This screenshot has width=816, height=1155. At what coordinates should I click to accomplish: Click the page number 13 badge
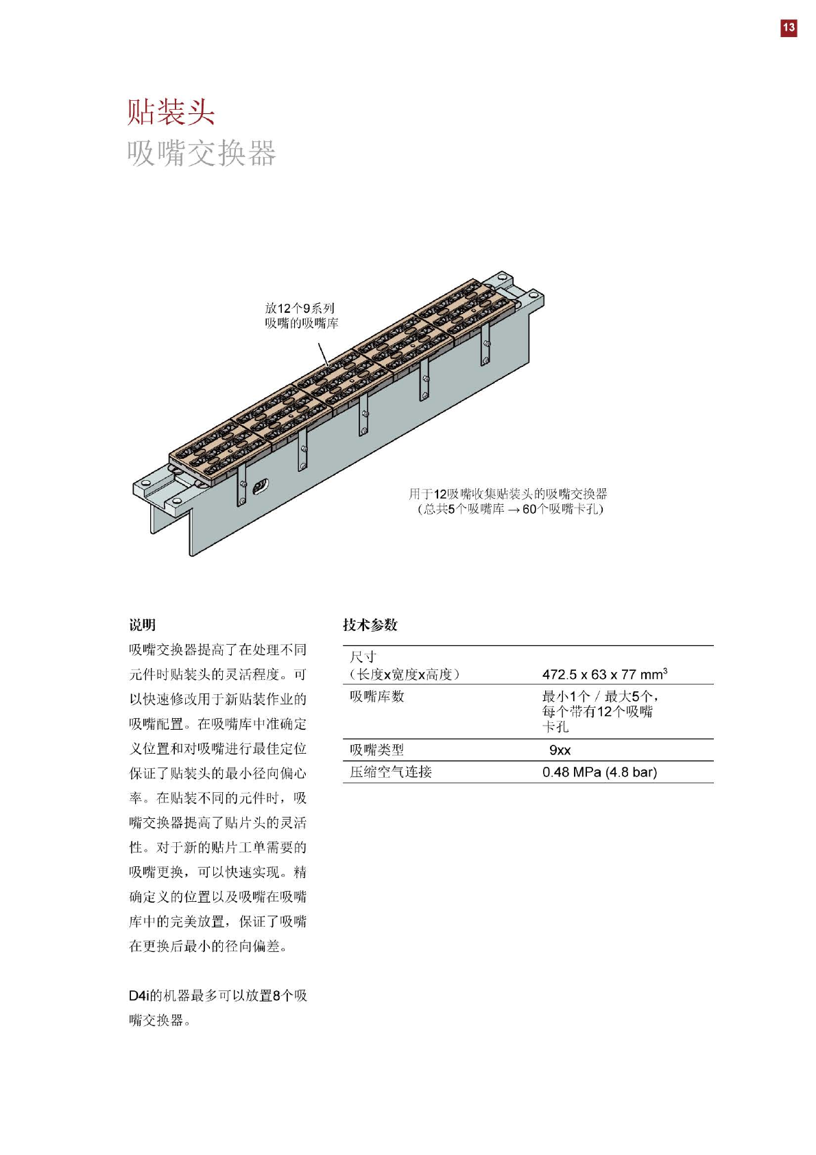tap(789, 27)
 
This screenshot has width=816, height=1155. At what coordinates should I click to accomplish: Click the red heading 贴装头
tap(171, 112)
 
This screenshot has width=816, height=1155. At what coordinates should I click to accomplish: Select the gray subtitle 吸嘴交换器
tap(202, 153)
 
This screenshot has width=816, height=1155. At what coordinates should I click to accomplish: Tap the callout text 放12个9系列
tap(300, 309)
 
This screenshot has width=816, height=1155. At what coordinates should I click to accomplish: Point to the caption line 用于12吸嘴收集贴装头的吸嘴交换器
tap(507, 494)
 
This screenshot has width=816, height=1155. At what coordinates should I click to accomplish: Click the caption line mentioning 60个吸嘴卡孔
tap(510, 509)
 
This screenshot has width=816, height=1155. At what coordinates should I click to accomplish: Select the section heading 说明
tap(143, 625)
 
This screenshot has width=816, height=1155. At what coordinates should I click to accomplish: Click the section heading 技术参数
tap(370, 625)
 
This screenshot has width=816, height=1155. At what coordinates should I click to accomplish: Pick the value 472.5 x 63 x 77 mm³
tap(604, 674)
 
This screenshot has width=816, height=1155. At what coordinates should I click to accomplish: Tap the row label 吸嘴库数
tap(377, 696)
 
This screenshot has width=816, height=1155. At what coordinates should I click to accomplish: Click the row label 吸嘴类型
tap(377, 750)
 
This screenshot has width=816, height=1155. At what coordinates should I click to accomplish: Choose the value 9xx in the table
tap(560, 750)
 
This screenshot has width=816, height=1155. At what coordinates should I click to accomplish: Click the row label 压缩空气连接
tap(391, 772)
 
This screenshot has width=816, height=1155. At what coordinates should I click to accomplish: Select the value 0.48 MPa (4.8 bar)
tap(599, 772)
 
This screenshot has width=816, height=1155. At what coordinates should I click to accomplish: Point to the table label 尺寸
tap(363, 657)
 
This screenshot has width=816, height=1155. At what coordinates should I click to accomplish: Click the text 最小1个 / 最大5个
tap(599, 696)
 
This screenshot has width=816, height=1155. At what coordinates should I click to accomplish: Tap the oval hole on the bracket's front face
tap(261, 487)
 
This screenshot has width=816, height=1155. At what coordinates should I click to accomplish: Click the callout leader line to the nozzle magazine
tap(323, 354)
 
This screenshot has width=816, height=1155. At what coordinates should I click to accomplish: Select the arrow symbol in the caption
tap(514, 510)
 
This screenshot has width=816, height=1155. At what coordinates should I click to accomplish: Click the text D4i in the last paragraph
tap(139, 995)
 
